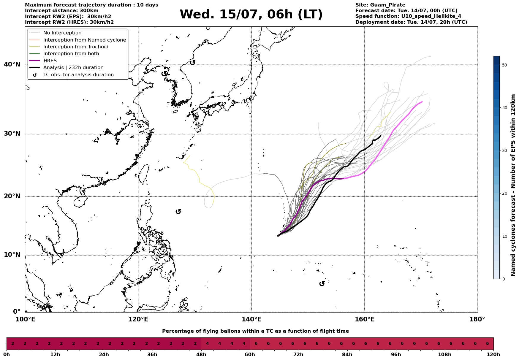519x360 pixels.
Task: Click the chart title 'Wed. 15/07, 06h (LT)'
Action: (251, 15)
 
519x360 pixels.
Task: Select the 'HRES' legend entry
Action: (50, 61)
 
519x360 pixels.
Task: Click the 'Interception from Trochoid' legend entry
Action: (76, 47)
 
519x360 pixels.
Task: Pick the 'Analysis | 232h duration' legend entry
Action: (73, 68)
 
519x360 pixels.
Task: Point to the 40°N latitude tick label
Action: (12, 64)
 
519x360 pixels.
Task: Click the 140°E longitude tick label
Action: (251, 319)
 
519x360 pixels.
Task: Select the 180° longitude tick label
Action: (477, 319)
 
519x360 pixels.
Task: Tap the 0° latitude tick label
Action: (17, 312)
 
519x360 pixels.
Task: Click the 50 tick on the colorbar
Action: (504, 65)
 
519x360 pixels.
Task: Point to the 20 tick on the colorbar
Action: (504, 194)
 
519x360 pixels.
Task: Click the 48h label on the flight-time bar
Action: (201, 355)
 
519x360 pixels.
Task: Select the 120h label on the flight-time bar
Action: (493, 355)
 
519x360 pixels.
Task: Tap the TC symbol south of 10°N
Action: (322, 284)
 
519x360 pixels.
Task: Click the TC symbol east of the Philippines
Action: (178, 212)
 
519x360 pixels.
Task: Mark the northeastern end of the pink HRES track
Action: (422, 102)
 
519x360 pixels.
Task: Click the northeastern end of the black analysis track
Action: (381, 135)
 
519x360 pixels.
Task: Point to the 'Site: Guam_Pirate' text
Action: (380, 5)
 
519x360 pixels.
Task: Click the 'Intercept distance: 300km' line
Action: (62, 11)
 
